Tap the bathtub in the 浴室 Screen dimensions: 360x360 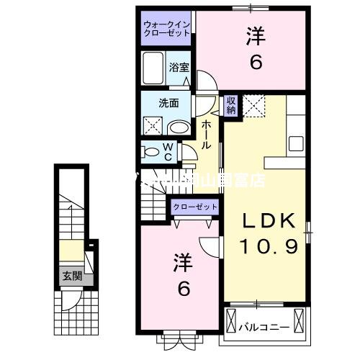(x=153, y=70)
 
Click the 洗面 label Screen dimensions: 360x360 (x=169, y=103)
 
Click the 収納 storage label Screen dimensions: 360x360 (x=231, y=105)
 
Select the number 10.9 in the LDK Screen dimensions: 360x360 (x=269, y=248)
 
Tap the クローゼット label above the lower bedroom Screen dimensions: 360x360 (x=195, y=207)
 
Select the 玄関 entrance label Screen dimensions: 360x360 (x=71, y=274)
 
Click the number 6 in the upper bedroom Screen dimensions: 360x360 (x=255, y=63)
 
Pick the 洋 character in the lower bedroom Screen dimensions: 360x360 (x=182, y=263)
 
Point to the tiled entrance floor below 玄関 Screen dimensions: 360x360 (x=71, y=310)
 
